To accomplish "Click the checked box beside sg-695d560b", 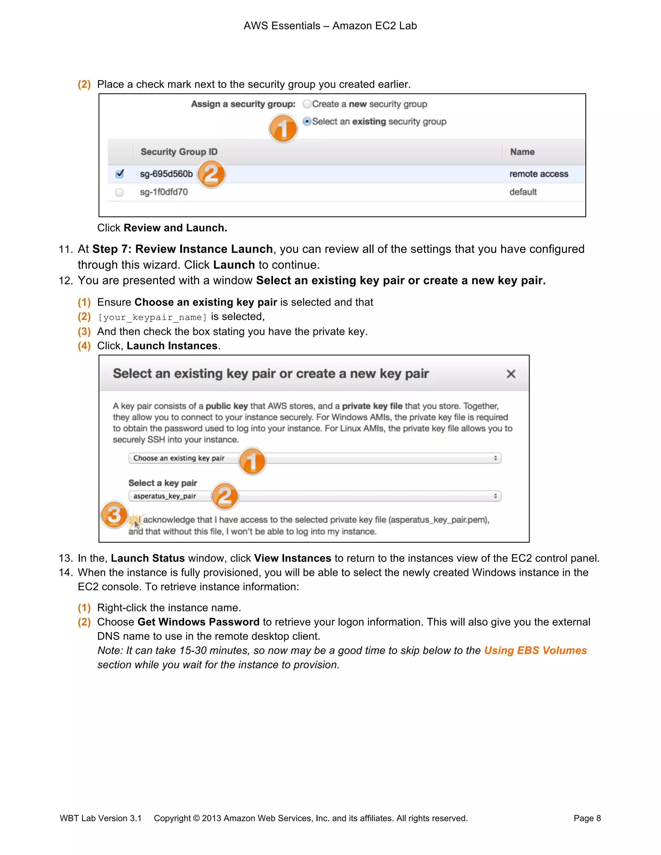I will [120, 174].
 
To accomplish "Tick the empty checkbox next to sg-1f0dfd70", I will [119, 192].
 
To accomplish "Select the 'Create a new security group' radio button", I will [307, 104].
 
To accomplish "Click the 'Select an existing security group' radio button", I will [307, 121].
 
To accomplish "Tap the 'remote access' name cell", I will [538, 174].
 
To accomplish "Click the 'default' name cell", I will [523, 192].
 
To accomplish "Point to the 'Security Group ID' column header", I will [179, 152].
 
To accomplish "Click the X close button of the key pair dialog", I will [511, 374].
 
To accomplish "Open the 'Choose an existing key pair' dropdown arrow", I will [495, 458].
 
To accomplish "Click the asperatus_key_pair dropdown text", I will [165, 496].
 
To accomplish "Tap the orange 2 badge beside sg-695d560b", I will [211, 174].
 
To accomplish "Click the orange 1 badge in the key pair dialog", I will [252, 461].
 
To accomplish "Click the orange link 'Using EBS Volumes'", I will [535, 650].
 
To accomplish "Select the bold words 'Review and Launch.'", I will [175, 228].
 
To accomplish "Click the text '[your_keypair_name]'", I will [152, 317].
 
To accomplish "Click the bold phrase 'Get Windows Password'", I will [198, 622].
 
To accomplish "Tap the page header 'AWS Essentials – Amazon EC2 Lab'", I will [330, 26].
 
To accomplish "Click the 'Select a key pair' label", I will [163, 483].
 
